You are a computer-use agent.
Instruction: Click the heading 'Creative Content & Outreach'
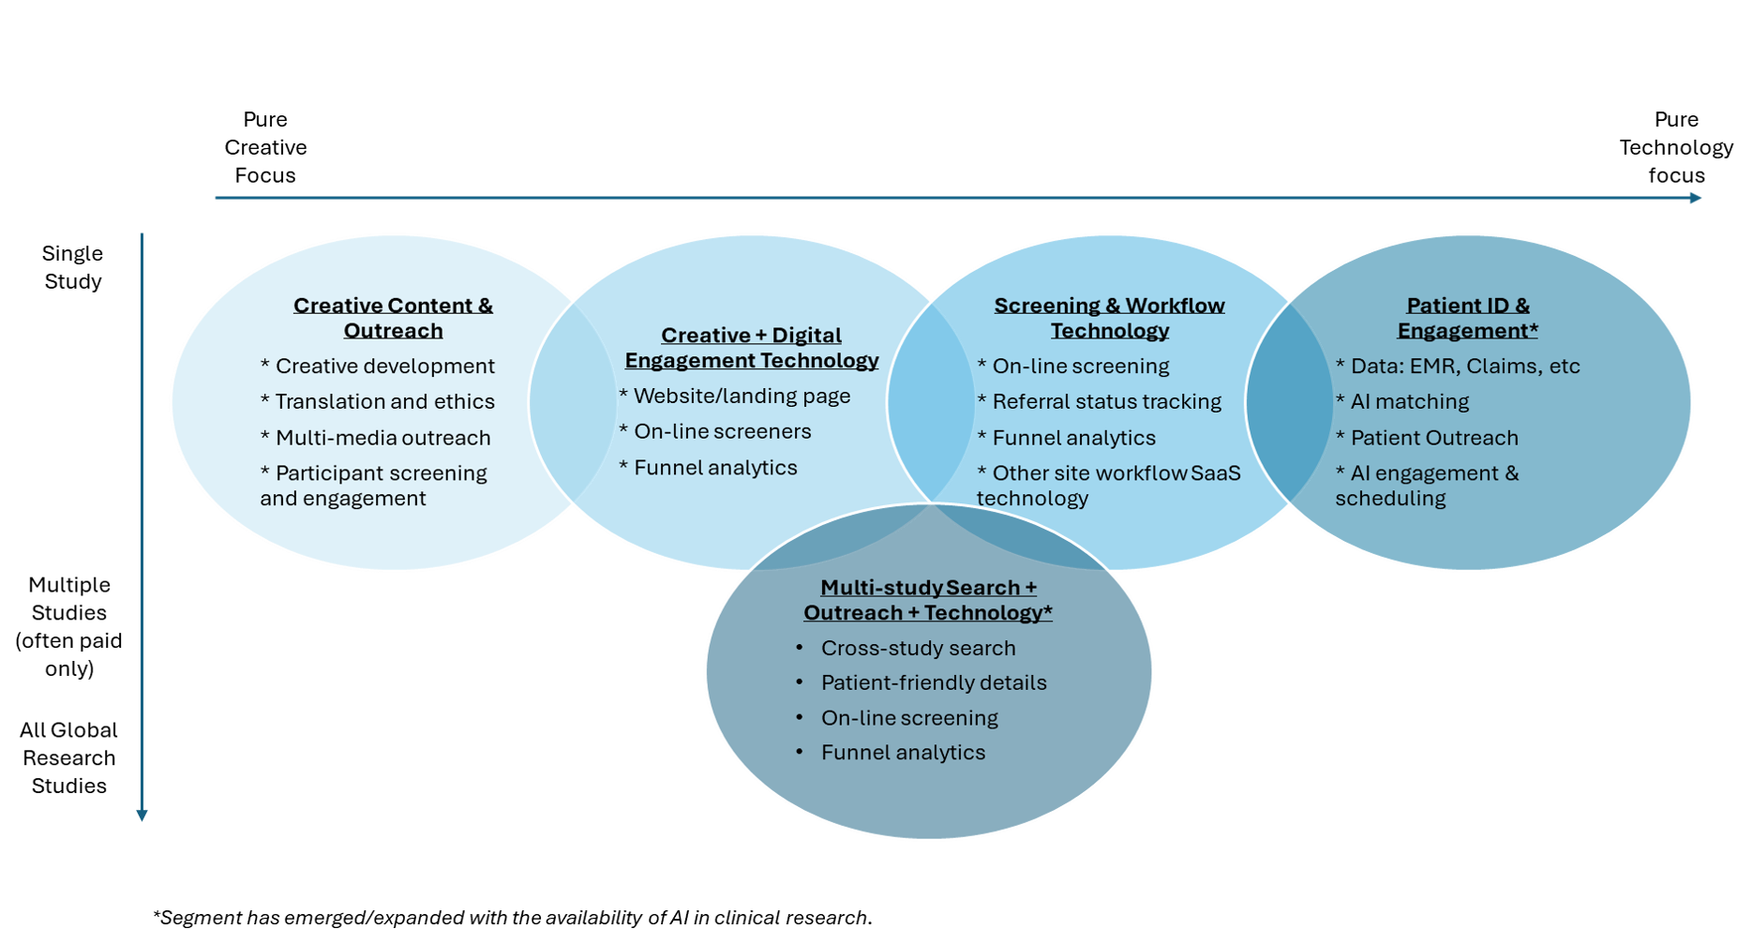393,318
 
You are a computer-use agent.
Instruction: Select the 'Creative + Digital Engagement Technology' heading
752,348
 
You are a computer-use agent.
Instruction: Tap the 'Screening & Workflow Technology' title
1109,318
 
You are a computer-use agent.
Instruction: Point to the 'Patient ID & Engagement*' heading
1467,318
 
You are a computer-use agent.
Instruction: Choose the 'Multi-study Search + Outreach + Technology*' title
928,600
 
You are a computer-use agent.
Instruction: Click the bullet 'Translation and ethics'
384,401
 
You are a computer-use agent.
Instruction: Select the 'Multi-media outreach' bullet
382,438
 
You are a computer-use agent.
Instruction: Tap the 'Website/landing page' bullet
742,396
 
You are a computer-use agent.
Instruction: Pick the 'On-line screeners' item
722,431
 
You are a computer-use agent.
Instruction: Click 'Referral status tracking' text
1106,401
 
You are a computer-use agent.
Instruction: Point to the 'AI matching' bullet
1409,401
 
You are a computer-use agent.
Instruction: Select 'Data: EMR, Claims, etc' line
1464,366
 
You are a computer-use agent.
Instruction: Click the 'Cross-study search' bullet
918,648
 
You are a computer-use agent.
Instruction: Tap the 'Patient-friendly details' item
934,682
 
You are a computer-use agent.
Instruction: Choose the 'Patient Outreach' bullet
1433,438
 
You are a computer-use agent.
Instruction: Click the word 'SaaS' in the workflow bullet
1216,473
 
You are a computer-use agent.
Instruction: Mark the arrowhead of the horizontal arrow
1695,198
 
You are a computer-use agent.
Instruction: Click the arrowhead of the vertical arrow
142,815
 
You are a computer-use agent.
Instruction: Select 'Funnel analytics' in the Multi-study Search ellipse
903,753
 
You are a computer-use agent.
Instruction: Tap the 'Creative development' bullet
384,366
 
